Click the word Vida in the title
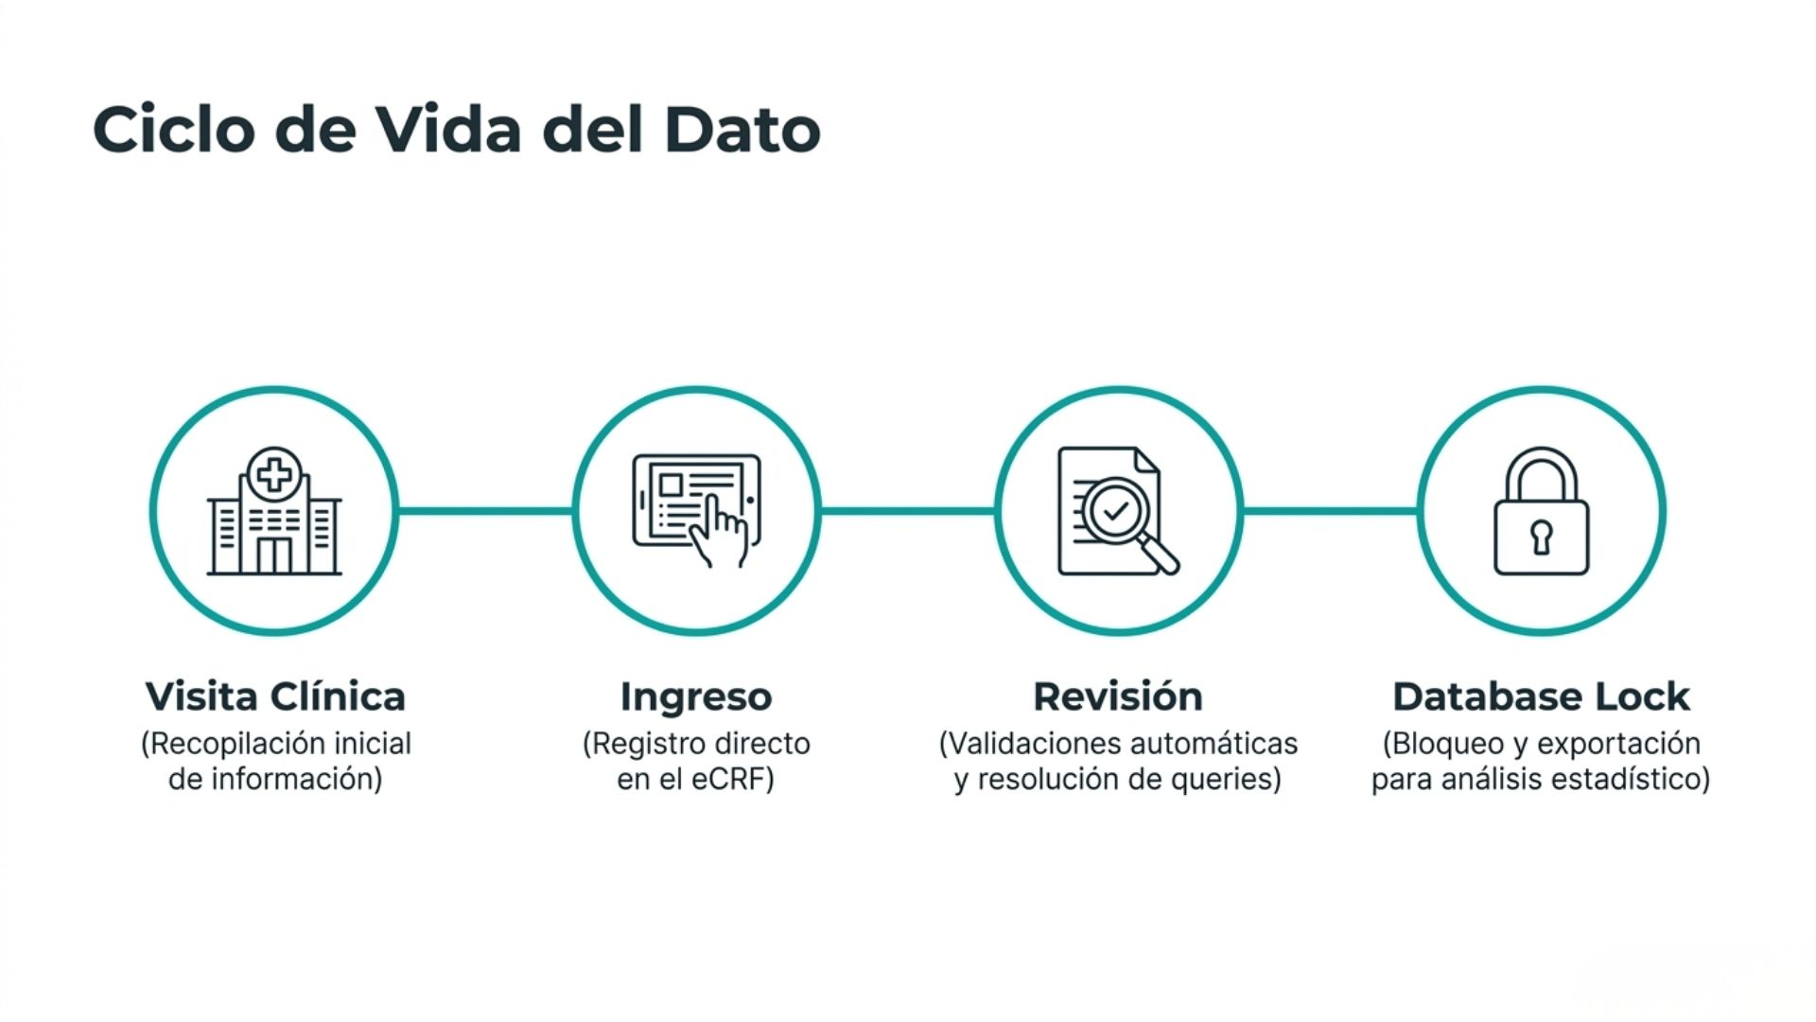coord(449,129)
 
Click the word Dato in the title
coord(742,129)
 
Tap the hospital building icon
coord(274,511)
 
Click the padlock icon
coord(1542,511)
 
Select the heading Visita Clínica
coord(275,696)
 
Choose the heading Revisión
coord(1118,696)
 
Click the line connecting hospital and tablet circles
coord(485,511)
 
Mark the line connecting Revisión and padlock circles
coord(1330,511)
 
